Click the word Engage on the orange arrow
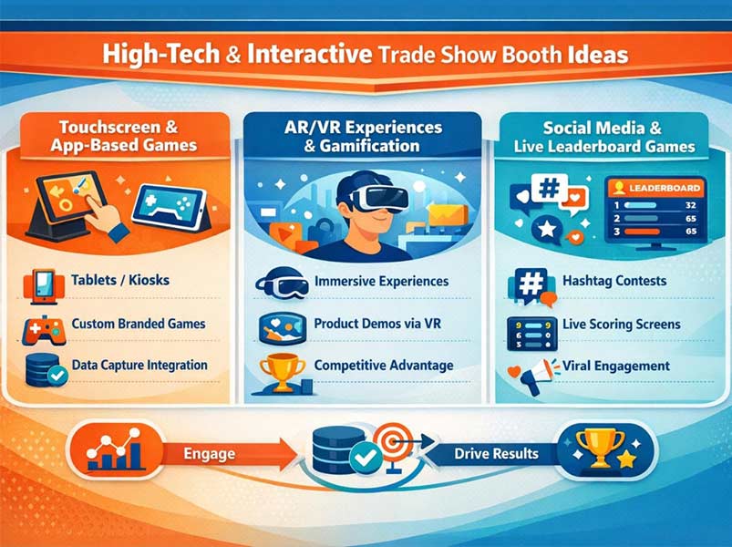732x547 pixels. (x=209, y=453)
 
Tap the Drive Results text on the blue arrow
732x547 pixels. (x=496, y=453)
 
